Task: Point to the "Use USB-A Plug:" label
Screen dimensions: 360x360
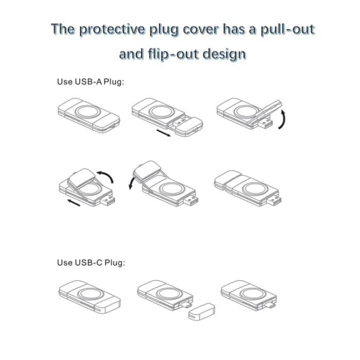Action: tap(91, 82)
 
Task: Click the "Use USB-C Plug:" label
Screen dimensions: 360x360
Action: tap(91, 263)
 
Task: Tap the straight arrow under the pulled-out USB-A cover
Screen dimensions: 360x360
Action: tap(163, 133)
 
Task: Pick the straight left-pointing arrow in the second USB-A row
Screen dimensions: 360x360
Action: tap(74, 203)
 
